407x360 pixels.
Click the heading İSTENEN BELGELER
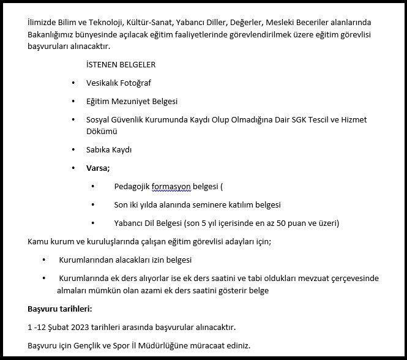click(x=121, y=64)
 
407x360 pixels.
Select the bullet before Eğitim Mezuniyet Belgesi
click(x=73, y=101)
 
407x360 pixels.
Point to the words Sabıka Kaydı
click(x=109, y=149)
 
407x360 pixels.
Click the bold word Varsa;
click(x=99, y=168)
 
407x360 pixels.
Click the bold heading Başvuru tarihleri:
click(x=60, y=309)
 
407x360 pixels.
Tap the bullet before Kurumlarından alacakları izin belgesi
click(x=44, y=260)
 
